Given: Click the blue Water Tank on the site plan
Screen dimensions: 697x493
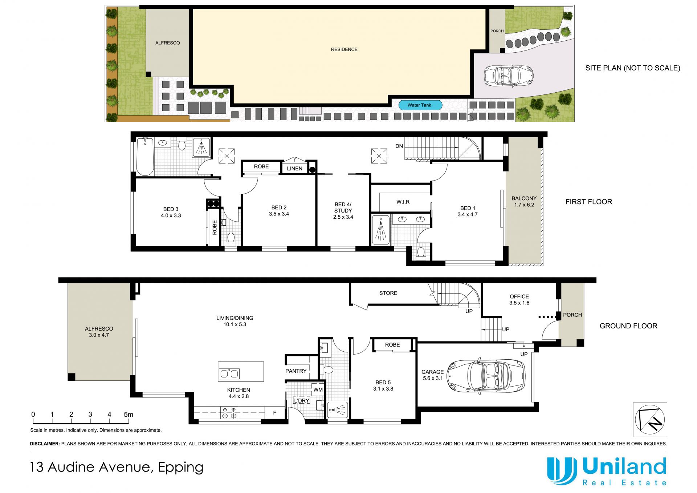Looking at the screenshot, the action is [420, 105].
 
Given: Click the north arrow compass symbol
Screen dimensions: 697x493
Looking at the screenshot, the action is [650, 420].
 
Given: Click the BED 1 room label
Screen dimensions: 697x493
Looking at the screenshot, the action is [468, 211].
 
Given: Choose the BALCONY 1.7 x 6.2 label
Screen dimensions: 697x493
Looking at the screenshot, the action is [524, 202].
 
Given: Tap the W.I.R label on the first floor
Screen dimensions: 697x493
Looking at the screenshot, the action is [403, 202].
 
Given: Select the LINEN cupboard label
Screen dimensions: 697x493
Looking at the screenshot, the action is [294, 169].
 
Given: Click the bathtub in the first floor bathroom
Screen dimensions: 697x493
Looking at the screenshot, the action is [145, 157].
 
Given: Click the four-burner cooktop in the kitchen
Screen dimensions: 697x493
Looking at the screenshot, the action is [229, 413].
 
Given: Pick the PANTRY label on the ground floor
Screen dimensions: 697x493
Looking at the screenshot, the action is [296, 371].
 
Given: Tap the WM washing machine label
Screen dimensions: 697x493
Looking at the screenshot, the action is [318, 390].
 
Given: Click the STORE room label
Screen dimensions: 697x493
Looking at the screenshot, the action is [388, 293].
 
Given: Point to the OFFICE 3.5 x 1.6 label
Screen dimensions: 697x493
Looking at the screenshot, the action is [519, 300].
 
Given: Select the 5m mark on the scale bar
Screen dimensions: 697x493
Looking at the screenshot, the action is [129, 415].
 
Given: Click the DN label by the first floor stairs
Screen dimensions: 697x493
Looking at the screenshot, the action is [399, 146].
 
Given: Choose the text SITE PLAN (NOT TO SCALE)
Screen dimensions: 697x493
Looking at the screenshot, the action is [633, 68].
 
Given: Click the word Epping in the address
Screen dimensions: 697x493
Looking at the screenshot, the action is [181, 468].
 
